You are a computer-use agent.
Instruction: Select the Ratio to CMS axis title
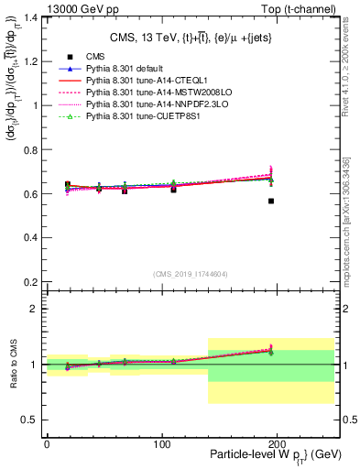pyautogui.click(x=12, y=367)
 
